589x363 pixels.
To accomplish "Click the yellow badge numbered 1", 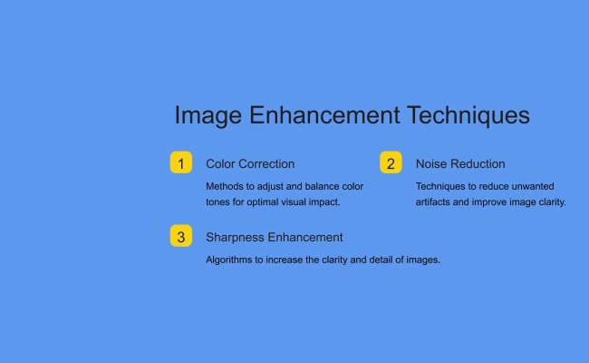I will point(181,163).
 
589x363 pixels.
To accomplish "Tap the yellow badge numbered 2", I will point(391,163).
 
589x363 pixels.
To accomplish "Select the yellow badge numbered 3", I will point(181,237).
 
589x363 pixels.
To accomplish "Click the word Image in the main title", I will point(208,116).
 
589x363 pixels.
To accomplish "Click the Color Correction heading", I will point(250,164).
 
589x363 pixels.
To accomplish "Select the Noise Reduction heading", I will point(460,164).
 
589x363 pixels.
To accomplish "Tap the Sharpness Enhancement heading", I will point(275,238).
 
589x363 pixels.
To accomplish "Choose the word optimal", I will point(266,201).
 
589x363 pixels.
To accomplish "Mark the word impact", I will point(323,201).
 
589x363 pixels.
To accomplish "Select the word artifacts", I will point(436,201).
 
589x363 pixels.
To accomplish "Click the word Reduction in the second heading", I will point(478,164).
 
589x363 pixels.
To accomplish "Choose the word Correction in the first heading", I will point(267,164).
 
